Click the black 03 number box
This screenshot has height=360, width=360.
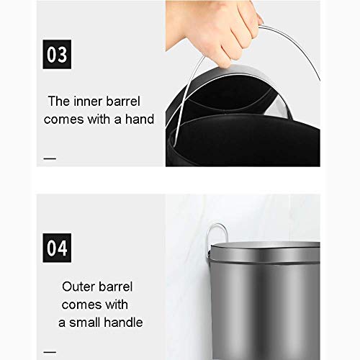57,54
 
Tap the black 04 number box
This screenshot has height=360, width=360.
57,248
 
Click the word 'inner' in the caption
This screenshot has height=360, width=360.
89,101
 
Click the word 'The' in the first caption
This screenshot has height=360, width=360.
59,101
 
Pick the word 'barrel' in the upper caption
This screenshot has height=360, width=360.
123,101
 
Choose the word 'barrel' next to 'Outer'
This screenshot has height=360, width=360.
115,287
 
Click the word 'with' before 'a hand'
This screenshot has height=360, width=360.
99,119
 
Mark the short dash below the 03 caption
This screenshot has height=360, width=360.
50,158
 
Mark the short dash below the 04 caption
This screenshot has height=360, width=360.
50,352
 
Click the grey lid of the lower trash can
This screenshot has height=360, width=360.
265,252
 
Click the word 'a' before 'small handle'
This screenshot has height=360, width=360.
62,323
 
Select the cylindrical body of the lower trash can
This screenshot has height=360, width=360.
265,312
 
